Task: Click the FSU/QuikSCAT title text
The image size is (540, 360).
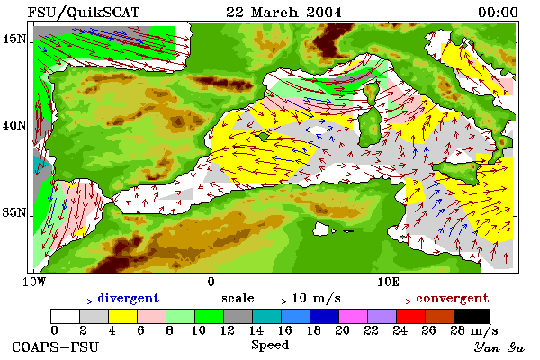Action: pos(84,13)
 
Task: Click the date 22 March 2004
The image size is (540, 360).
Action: pos(283,13)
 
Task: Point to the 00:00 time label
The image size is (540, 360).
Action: pos(498,13)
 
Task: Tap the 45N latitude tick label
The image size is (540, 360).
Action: pos(13,40)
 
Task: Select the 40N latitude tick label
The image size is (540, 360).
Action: pos(13,126)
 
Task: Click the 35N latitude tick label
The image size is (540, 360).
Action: pos(13,212)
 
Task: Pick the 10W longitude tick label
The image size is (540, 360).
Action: pos(34,282)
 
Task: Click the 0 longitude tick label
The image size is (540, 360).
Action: pos(211,282)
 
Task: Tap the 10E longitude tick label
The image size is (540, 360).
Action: pos(389,282)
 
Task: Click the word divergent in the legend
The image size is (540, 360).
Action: pos(129,298)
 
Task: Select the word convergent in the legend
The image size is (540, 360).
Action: pos(452,298)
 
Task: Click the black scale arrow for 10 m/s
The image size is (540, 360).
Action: pos(273,301)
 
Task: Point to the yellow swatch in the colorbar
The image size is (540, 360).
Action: pos(123,316)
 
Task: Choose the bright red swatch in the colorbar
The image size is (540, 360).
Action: pos(410,316)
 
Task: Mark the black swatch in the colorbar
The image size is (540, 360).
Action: pos(472,316)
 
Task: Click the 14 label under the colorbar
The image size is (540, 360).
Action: pos(256,330)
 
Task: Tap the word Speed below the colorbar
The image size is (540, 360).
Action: pos(270,346)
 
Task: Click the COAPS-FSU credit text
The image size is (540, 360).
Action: pos(55,346)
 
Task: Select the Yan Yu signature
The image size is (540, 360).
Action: pos(499,347)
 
